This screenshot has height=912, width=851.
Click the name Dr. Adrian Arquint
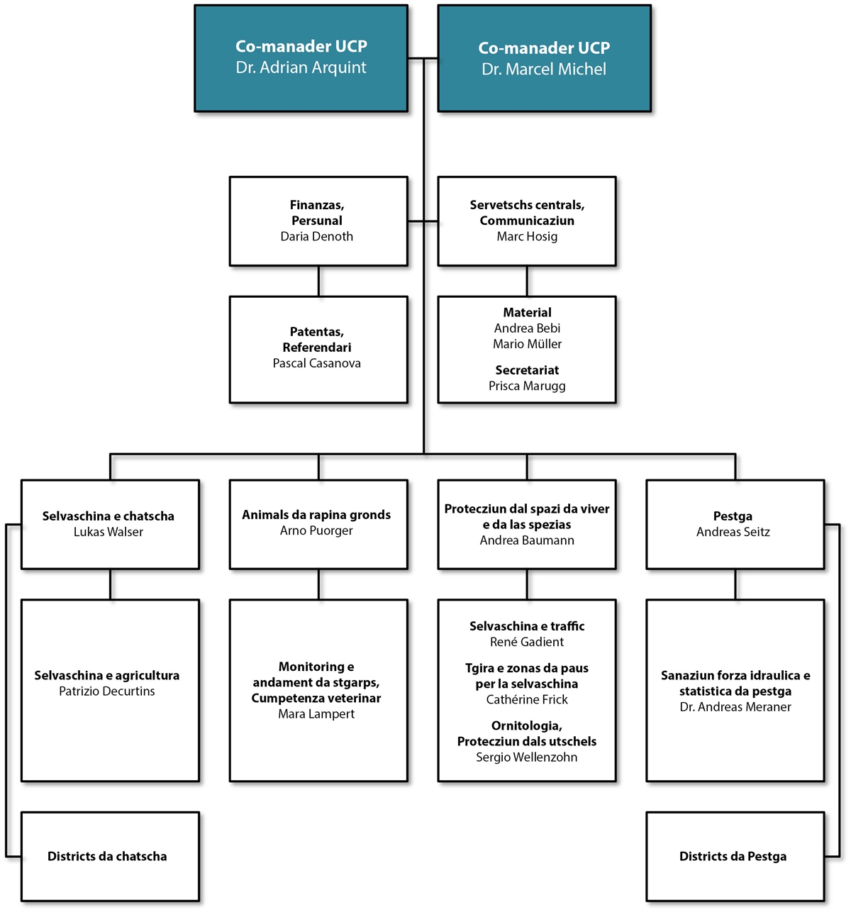tap(301, 67)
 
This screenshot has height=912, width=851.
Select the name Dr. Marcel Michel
tap(544, 69)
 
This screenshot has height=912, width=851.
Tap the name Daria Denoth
tap(316, 237)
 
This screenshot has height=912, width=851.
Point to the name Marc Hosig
tap(527, 237)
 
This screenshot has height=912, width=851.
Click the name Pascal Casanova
tap(316, 363)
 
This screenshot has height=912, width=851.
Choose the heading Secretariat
tap(527, 370)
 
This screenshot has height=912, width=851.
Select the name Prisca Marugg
tap(527, 386)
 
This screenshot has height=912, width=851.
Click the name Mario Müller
tap(527, 344)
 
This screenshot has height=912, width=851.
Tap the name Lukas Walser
tap(109, 532)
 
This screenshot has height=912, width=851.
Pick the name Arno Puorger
tap(316, 530)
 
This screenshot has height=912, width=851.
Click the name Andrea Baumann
tap(527, 540)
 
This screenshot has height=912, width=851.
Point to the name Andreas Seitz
tap(733, 532)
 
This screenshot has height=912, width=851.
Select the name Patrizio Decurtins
tap(107, 691)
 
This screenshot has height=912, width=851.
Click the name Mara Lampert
tap(316, 714)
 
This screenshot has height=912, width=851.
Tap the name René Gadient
tap(527, 642)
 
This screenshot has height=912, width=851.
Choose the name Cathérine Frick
tap(527, 700)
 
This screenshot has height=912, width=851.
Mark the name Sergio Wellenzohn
tap(527, 757)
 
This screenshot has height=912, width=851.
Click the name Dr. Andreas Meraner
tap(735, 707)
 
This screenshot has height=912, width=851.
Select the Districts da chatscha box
tap(110, 857)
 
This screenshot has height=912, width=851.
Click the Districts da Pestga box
tap(735, 857)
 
